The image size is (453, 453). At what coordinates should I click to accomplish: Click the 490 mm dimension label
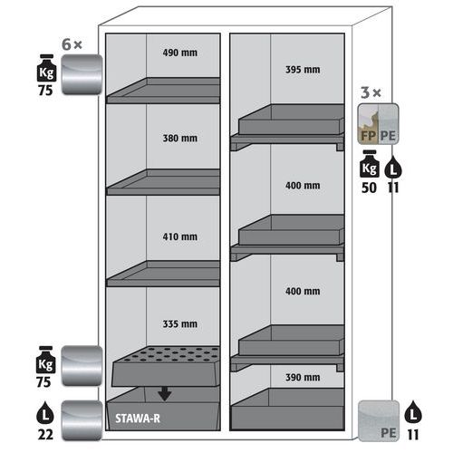point(180,53)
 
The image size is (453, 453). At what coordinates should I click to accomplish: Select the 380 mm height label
point(180,139)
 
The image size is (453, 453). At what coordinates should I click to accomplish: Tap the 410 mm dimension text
point(180,236)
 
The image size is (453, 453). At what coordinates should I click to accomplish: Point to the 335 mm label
point(180,324)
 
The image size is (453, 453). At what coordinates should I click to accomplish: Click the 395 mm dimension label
point(303,70)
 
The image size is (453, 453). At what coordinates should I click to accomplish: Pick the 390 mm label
point(303,377)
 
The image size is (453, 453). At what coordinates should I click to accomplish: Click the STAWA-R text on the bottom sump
point(138,419)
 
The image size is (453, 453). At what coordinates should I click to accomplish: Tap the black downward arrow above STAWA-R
point(165,394)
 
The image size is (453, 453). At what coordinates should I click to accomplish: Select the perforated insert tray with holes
point(166,366)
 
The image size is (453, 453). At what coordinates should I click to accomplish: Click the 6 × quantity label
point(72,44)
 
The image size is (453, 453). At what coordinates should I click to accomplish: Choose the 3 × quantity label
point(371,92)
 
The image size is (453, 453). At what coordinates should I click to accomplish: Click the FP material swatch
point(368,124)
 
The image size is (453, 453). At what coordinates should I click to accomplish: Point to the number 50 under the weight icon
point(369,188)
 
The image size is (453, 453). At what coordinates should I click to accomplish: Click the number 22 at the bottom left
point(45,435)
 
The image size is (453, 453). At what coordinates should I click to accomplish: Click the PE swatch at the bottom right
point(379,420)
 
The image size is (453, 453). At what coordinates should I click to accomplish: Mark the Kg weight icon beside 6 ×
point(46,68)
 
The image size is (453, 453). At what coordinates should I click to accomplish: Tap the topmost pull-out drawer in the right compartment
point(287,127)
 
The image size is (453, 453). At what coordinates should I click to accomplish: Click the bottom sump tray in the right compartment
point(287,410)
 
